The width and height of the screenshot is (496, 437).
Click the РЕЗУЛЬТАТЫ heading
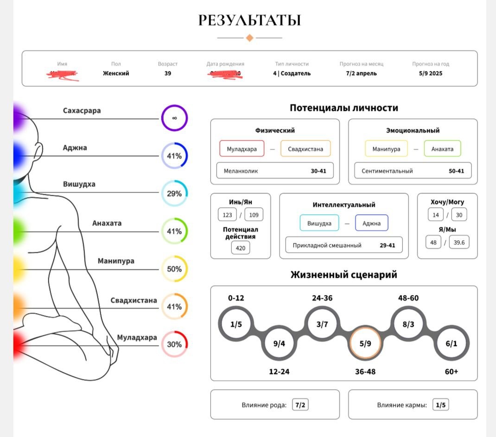(249, 20)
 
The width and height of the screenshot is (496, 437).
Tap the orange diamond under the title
(249, 38)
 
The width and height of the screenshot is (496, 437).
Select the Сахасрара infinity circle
(174, 118)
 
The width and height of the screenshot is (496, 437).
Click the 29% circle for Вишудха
(174, 193)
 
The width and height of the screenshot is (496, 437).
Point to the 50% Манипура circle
(174, 269)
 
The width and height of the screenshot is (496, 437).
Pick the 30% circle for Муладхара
(174, 344)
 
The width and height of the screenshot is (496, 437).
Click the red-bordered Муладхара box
(242, 149)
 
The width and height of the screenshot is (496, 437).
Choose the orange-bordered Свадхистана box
(305, 149)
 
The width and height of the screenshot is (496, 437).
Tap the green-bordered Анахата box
(442, 149)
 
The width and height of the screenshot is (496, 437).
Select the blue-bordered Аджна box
(371, 223)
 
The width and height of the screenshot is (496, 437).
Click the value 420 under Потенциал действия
(240, 248)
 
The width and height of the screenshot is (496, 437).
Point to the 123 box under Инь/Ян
(227, 215)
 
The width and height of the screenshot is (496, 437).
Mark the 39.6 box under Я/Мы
(459, 242)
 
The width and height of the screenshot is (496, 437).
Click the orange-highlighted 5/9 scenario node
(365, 344)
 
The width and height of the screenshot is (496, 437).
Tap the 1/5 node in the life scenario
(236, 324)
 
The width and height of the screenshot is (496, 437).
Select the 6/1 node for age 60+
(451, 344)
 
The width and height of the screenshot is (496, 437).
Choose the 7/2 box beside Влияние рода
(300, 405)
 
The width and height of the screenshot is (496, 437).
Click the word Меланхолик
(241, 171)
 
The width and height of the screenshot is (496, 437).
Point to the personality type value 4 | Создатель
(292, 73)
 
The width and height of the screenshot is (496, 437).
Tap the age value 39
(168, 73)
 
